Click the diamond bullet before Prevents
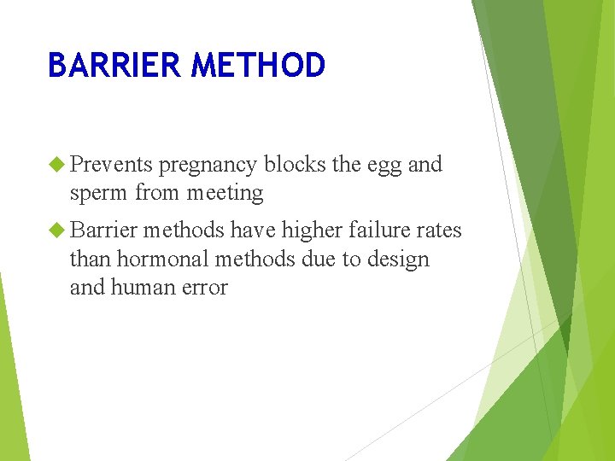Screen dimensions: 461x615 [57, 164]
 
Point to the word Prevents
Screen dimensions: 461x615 [111, 164]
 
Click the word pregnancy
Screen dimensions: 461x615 [208, 166]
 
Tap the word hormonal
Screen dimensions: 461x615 [156, 259]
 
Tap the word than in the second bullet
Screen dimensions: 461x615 [90, 259]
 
